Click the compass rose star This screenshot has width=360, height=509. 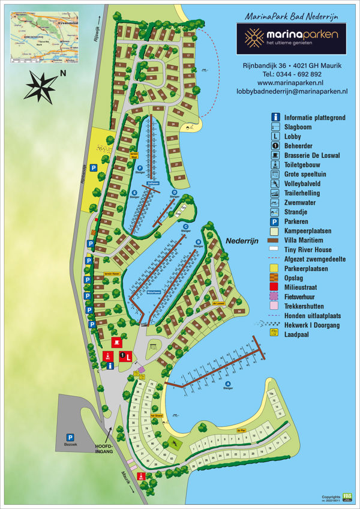point(40,86)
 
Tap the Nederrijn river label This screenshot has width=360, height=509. point(242,239)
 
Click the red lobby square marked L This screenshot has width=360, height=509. point(128,356)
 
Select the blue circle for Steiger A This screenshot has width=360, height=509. point(227,384)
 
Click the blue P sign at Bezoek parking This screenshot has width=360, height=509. point(70,438)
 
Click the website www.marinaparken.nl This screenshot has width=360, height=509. point(290,82)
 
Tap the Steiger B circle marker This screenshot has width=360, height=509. point(197,242)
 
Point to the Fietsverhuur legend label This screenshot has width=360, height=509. point(303,297)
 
